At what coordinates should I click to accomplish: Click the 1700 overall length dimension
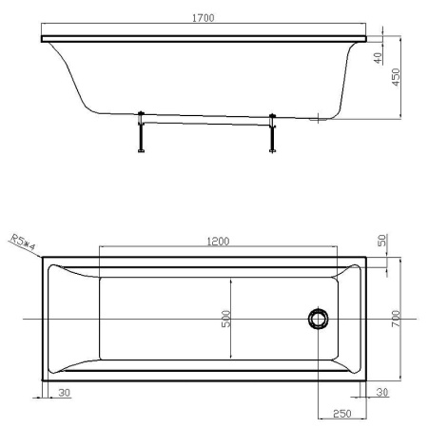click(x=202, y=18)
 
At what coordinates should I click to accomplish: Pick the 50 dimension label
click(x=382, y=243)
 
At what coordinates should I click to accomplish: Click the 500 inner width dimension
click(x=226, y=319)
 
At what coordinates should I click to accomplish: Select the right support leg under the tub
click(x=273, y=133)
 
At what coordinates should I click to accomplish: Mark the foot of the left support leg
click(x=141, y=150)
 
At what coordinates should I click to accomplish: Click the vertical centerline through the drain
click(x=317, y=371)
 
